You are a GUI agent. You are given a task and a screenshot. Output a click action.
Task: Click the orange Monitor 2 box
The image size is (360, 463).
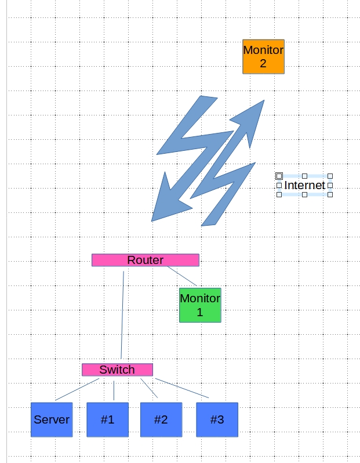(263, 56)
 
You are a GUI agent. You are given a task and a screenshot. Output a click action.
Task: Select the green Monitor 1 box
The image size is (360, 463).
(200, 305)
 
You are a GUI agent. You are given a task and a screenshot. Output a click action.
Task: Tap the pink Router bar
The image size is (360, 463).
(145, 260)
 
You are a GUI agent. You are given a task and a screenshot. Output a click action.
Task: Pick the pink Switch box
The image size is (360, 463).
(117, 370)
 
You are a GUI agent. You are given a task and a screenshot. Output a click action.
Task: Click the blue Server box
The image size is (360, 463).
(52, 419)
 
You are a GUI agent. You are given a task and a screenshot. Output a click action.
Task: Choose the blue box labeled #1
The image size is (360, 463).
(107, 419)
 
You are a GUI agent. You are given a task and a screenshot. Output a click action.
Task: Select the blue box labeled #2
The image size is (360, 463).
(161, 419)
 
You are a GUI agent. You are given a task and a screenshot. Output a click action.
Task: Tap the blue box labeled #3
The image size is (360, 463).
(217, 419)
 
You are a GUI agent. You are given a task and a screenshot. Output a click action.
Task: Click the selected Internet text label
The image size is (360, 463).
(304, 185)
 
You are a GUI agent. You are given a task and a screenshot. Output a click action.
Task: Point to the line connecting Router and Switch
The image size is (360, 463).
(123, 313)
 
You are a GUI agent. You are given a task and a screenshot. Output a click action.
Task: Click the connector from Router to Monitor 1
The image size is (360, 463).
(183, 276)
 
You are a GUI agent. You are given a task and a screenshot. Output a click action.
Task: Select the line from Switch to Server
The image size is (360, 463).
(77, 389)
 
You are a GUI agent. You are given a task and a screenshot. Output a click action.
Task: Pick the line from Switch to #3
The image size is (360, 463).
(181, 388)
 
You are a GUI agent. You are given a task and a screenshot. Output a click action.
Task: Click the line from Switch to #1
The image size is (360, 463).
(114, 389)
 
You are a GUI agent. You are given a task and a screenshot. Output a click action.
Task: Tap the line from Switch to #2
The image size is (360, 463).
(148, 388)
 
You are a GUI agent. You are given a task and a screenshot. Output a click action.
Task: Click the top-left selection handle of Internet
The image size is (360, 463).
(279, 175)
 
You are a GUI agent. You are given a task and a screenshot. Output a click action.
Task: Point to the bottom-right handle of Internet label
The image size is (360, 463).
(330, 195)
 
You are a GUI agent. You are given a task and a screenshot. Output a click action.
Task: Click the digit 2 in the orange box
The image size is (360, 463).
(263, 63)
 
